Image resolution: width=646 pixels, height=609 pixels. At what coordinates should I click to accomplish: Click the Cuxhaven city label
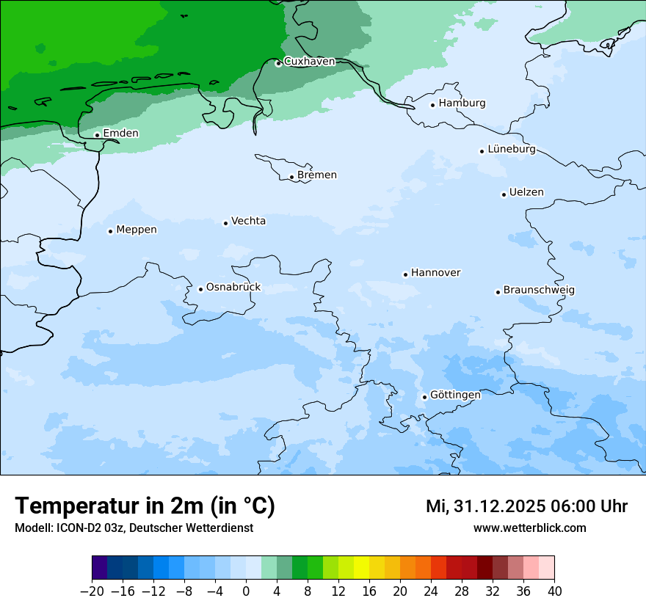pos(309,62)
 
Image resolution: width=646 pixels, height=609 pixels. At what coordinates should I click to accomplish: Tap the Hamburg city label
pos(462,103)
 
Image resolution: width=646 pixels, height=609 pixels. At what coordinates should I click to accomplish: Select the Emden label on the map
pos(120,133)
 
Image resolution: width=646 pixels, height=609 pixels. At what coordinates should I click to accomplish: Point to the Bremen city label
pos(316,175)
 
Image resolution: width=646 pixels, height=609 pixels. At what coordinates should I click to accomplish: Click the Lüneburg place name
pos(511,149)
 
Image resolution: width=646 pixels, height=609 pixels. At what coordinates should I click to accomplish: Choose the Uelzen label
pos(526,192)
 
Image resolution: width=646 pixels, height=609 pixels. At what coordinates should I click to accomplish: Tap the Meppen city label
pos(136,230)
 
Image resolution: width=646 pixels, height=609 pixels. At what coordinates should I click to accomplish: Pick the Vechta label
pos(248,221)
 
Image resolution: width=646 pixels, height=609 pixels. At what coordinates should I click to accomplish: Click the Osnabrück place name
pos(233,288)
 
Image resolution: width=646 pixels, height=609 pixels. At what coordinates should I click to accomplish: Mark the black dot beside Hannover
pos(405,275)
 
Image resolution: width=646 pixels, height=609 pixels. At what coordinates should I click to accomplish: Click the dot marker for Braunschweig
pos(498,292)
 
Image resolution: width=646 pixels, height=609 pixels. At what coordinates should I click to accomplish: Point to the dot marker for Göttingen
pos(424,398)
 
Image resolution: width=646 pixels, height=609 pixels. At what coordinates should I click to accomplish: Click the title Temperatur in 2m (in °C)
pos(145,506)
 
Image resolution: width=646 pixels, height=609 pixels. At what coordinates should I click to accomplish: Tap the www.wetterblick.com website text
pos(529,528)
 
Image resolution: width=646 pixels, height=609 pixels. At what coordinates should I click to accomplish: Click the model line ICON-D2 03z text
pos(134,528)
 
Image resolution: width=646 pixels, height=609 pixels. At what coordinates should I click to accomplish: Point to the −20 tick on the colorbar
pos(92,591)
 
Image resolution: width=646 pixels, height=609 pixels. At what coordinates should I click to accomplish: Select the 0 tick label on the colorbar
pos(246,591)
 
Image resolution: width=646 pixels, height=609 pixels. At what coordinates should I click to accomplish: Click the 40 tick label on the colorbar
pos(554,591)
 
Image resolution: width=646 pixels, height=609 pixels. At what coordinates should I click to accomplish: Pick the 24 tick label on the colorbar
pos(431,591)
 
